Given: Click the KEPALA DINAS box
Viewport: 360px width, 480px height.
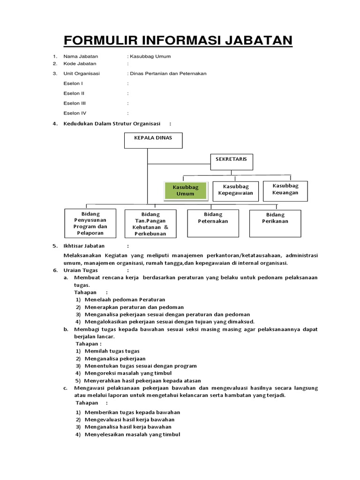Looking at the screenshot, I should coord(153,141).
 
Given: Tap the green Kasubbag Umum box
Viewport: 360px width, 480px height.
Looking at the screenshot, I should coord(185,190).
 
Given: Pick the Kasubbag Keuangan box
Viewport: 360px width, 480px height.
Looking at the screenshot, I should coord(285,189).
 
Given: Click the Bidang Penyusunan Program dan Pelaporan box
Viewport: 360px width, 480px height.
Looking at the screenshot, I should coord(90,223).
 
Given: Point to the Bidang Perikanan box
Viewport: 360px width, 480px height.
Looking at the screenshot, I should coord(275,223).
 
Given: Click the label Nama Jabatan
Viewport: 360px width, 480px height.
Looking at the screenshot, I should coord(81,56).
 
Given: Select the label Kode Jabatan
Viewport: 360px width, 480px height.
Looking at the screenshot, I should coord(80,63).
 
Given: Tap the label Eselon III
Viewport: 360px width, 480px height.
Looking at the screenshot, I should coord(75,103).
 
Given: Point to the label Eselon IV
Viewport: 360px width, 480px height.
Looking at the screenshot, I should coord(75,113).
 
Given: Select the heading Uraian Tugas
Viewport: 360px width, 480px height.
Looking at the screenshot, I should coord(82,270).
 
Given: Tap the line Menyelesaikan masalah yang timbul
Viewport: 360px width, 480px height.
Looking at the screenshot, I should coord(132,435).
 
